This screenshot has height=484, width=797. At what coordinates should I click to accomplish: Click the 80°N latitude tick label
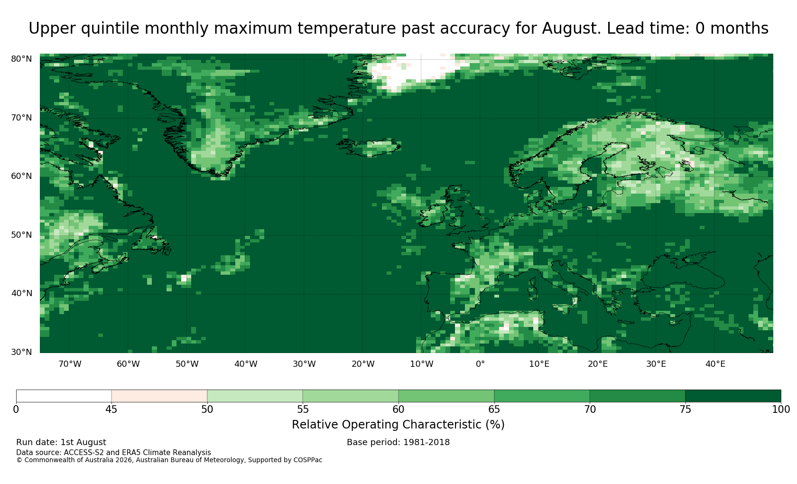[21, 59]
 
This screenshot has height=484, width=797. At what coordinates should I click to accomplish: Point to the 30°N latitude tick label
[21, 352]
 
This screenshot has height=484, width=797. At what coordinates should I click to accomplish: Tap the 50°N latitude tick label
[21, 235]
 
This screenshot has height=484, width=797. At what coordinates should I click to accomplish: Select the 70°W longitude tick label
[70, 364]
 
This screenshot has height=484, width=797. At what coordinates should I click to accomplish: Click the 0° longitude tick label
[480, 364]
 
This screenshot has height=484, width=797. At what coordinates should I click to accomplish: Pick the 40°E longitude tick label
[715, 364]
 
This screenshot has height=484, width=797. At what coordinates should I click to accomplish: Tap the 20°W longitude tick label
[363, 364]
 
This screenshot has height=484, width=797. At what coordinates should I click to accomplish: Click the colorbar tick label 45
[111, 410]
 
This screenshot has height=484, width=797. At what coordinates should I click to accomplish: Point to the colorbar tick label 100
[781, 410]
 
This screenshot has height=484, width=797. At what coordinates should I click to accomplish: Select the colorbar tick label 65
[494, 410]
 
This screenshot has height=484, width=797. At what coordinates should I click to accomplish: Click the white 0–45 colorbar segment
[64, 396]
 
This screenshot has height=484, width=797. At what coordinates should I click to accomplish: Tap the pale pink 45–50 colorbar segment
[159, 396]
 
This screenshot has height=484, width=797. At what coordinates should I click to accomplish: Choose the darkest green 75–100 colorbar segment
[733, 396]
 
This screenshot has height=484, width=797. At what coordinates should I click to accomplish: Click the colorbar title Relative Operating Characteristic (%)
[398, 425]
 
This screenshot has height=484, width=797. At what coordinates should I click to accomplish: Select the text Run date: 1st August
[61, 442]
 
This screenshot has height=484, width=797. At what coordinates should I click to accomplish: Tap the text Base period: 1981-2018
[398, 442]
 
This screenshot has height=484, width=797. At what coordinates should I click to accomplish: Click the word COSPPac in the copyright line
[307, 460]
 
